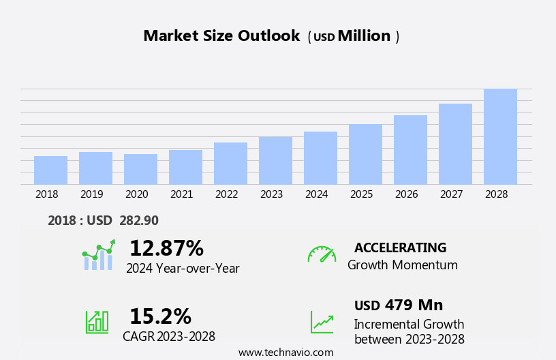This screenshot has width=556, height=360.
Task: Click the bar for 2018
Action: [x=50, y=170]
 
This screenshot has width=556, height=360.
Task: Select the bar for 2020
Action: [x=140, y=169]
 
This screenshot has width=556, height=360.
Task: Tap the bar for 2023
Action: [x=275, y=161]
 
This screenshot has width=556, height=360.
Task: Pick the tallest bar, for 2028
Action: [x=500, y=136]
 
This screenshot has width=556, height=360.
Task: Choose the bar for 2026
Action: [x=410, y=150]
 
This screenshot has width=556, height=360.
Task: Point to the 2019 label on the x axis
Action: [x=92, y=194]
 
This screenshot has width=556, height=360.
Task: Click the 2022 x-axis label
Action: [x=227, y=194]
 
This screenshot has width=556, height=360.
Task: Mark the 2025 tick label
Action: [x=362, y=194]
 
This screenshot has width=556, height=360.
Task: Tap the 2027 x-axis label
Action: [x=452, y=194]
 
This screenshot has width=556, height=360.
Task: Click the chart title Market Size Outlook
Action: [x=221, y=36]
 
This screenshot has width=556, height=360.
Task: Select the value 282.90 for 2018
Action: [x=139, y=220]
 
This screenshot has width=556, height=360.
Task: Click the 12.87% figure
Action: [x=166, y=248]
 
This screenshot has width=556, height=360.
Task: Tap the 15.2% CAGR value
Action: [x=160, y=316]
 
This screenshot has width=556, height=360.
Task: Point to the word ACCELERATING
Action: [x=400, y=247]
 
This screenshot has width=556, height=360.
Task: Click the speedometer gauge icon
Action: [x=322, y=254]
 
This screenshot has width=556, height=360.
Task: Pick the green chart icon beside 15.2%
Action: [x=97, y=321]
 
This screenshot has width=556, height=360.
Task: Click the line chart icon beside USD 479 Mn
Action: [x=322, y=321]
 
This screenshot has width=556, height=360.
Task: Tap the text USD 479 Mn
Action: [x=399, y=305]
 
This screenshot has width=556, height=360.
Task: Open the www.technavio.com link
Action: [x=285, y=352]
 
